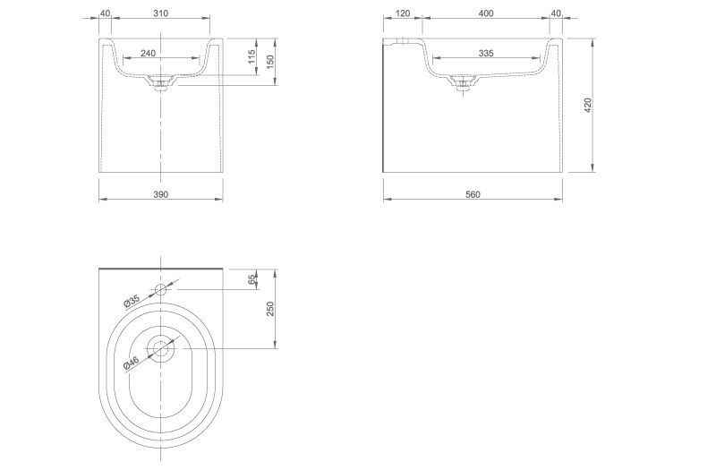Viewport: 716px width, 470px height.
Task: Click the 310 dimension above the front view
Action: tap(161, 13)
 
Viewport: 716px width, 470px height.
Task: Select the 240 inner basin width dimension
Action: tap(148, 53)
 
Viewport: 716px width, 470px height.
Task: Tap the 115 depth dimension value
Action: tap(251, 57)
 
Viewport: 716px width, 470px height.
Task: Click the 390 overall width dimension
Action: tap(161, 194)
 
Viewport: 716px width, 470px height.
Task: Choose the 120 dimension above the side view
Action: tap(402, 13)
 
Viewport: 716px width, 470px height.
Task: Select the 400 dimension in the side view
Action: tap(486, 13)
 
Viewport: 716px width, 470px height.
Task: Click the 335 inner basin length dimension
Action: tap(486, 53)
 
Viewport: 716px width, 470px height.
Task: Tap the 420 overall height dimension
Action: tap(588, 105)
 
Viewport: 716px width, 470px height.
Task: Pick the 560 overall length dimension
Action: tap(473, 194)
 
